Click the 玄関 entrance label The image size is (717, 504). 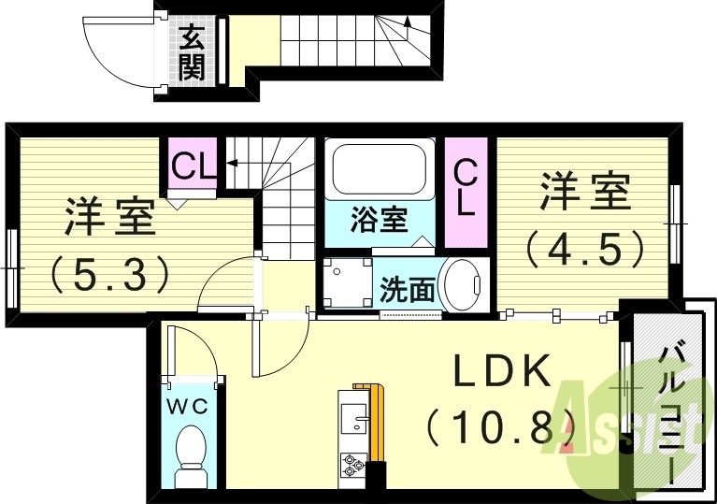[192, 52]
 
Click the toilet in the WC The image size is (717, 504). [192, 453]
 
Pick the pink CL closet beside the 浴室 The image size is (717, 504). [466, 192]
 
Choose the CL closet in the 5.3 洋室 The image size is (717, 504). [193, 167]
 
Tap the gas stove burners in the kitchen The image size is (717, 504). [354, 462]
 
